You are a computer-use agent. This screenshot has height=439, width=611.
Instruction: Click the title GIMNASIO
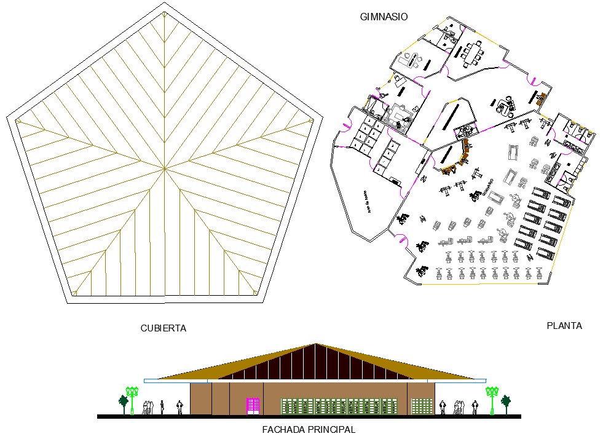(x=384, y=17)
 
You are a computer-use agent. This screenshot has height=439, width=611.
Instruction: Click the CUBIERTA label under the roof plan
(x=163, y=328)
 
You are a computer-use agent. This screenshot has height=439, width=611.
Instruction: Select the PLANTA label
(x=564, y=326)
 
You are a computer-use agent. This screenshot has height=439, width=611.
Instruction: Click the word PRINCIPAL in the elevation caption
(x=333, y=430)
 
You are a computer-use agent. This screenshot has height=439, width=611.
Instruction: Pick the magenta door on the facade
(x=253, y=406)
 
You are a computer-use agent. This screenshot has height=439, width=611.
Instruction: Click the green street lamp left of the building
(x=132, y=400)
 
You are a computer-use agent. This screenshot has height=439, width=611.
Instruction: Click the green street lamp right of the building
(x=492, y=400)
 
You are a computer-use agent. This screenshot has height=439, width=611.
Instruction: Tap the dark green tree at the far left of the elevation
(x=124, y=403)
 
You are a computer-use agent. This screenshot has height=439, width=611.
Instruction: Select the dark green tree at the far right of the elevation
(x=506, y=403)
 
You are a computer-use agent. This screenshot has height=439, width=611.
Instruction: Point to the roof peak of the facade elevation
(x=316, y=344)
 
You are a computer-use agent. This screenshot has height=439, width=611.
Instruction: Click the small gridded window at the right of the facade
(x=421, y=406)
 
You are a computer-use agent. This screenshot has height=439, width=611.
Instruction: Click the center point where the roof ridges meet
(x=164, y=167)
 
